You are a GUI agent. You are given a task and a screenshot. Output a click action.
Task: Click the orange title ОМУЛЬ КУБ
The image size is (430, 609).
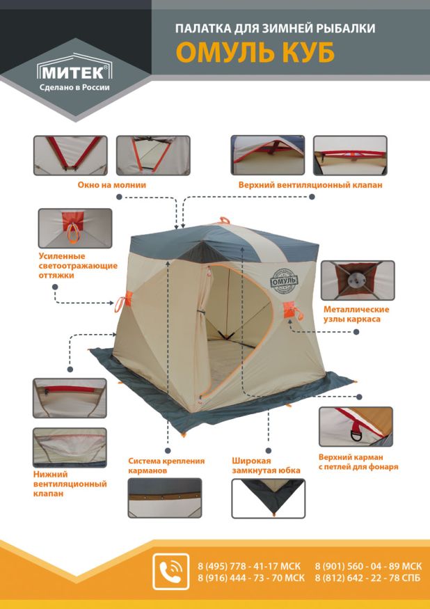tap(255, 52)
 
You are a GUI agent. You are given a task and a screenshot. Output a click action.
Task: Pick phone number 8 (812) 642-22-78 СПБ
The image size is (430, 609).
tap(368, 578)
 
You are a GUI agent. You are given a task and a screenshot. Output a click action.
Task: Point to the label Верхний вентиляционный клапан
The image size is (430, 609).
tap(310, 185)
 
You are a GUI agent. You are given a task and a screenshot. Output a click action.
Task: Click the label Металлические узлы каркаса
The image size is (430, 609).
tap(356, 314)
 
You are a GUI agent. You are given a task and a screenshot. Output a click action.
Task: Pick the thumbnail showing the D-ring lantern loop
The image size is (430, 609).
tap(356, 427)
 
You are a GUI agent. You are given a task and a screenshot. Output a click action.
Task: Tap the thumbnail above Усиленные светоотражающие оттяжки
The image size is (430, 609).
tap(74, 228)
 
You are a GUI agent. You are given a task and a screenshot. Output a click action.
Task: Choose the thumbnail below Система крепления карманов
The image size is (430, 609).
tap(164, 498)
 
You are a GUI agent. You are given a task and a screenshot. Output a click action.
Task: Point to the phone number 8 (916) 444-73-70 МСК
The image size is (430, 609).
tap(251, 578)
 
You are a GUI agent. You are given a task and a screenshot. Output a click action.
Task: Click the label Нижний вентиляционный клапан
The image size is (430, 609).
tap(70, 484)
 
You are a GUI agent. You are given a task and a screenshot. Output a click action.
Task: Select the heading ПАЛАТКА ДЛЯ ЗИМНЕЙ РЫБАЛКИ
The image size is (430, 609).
tap(275, 29)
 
